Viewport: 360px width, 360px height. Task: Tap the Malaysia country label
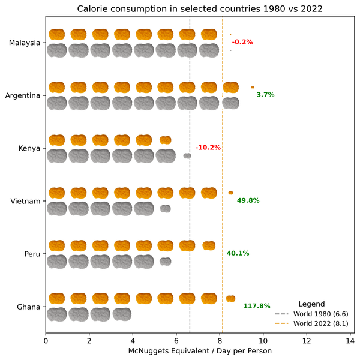click(x=25, y=43)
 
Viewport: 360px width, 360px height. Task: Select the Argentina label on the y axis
click(x=23, y=95)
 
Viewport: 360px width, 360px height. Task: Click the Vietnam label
click(x=26, y=201)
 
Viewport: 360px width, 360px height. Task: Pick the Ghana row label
click(x=29, y=307)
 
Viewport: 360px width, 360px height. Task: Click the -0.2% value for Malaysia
click(x=242, y=42)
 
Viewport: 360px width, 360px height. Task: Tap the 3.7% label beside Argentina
click(x=265, y=95)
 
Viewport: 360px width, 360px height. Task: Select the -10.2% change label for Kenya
click(x=208, y=148)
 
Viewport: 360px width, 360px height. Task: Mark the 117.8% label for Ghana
click(x=257, y=306)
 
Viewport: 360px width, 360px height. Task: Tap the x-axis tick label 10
click(x=263, y=341)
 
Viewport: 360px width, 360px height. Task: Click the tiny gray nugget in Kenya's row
click(x=187, y=156)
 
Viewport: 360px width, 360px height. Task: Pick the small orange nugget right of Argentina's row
click(x=253, y=88)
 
